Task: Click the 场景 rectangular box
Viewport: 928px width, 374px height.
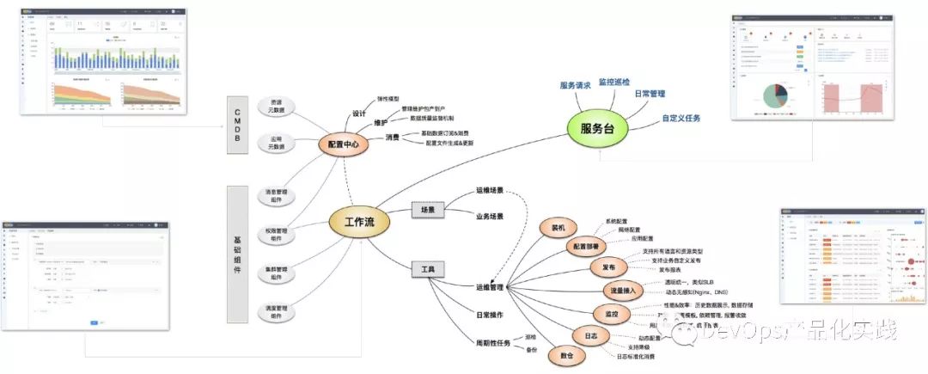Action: coord(427,209)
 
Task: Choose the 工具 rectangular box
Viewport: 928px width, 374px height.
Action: coord(427,270)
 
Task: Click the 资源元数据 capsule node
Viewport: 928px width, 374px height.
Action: coord(276,107)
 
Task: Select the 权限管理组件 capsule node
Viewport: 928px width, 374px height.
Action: coord(276,236)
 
